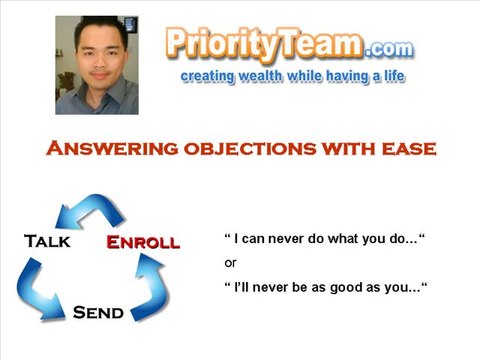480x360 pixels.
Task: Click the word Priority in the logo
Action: tap(219, 45)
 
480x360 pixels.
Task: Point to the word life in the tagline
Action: tap(390, 76)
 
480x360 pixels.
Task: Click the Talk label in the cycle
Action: tap(46, 241)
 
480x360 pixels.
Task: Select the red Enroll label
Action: tap(143, 242)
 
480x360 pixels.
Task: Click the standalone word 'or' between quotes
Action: tap(230, 263)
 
